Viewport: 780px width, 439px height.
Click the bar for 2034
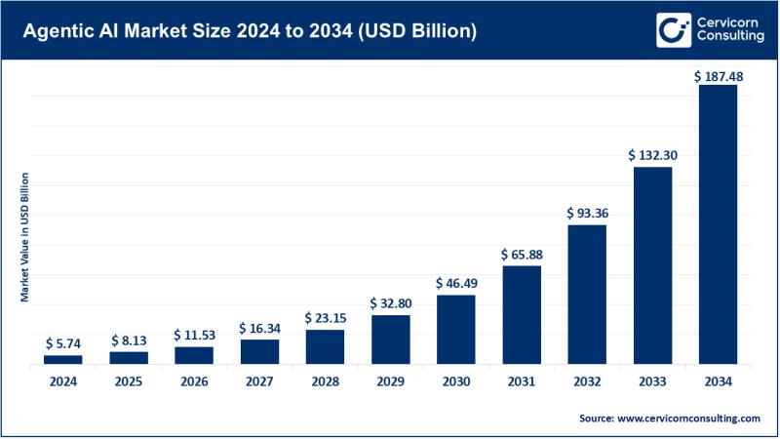coord(718,224)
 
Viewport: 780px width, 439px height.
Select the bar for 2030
coord(455,330)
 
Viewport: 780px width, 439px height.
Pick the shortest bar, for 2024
coord(63,359)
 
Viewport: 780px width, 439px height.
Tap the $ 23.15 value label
coord(325,319)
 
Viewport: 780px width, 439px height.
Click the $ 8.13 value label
coord(129,341)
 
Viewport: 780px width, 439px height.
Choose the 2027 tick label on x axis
coord(259,381)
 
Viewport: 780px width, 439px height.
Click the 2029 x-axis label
coord(390,381)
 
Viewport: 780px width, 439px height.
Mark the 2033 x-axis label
coord(652,381)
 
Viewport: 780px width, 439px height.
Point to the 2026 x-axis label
coord(194,381)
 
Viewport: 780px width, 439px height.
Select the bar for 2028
coord(325,346)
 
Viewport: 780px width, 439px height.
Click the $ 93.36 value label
coord(587,214)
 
